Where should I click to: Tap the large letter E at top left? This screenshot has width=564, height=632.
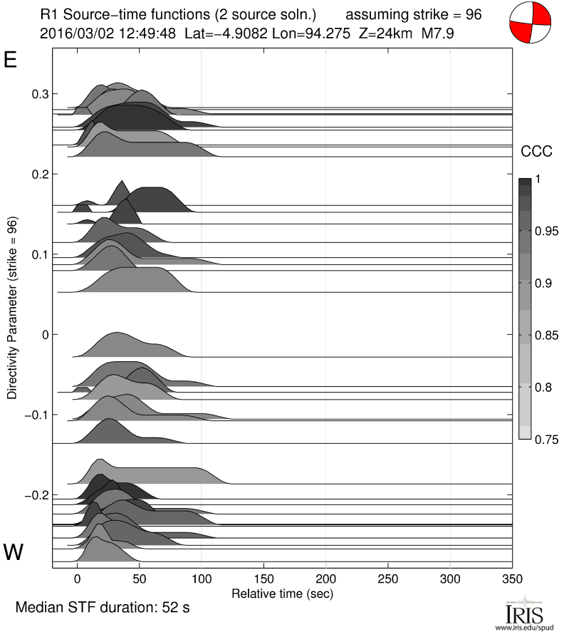[x=11, y=60]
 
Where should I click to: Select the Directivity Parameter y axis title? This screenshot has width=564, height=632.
[x=12, y=308]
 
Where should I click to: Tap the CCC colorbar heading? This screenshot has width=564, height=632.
[x=535, y=151]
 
